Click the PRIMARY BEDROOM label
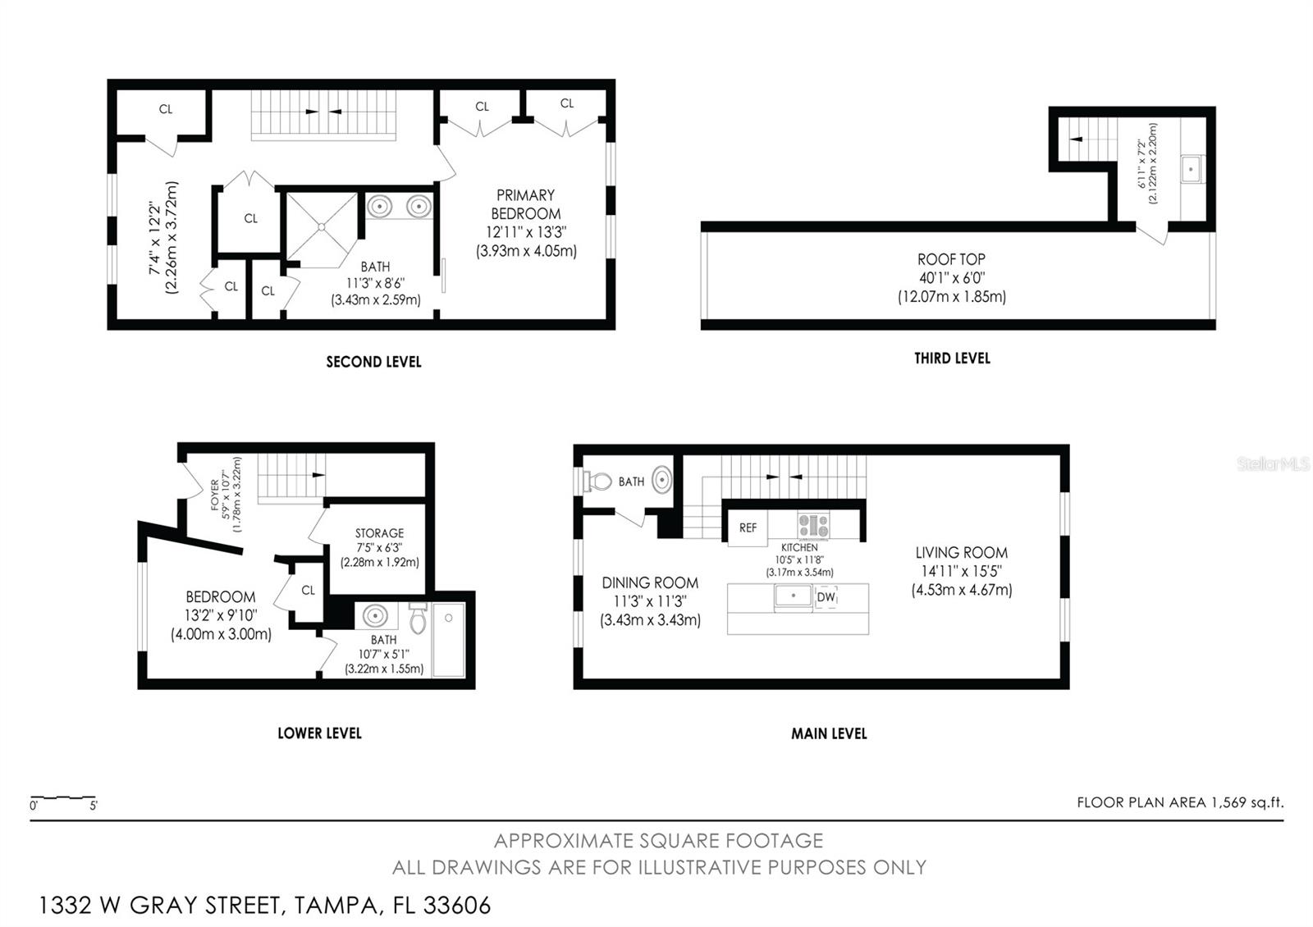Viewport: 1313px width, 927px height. tap(525, 204)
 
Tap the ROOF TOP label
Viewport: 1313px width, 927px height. tap(951, 259)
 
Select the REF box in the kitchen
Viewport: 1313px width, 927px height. tap(748, 527)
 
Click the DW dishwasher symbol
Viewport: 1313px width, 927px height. tap(826, 598)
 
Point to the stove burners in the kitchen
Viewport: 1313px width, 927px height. tap(813, 525)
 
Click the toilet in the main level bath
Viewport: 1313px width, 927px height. tap(598, 482)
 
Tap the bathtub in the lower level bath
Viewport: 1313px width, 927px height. tap(449, 640)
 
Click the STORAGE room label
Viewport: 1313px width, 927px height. tap(379, 533)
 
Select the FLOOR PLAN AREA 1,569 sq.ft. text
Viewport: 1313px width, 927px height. tap(1180, 802)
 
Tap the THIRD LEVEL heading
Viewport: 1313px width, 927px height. tap(952, 358)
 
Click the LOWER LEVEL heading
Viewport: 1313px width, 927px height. tap(319, 733)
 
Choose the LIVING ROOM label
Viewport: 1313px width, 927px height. tap(961, 553)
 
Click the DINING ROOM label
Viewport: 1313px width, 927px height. tap(650, 583)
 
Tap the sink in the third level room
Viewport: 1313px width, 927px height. tap(1191, 171)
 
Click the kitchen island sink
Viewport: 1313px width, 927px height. tap(794, 596)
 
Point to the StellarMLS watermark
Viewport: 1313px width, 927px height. tap(1273, 464)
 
